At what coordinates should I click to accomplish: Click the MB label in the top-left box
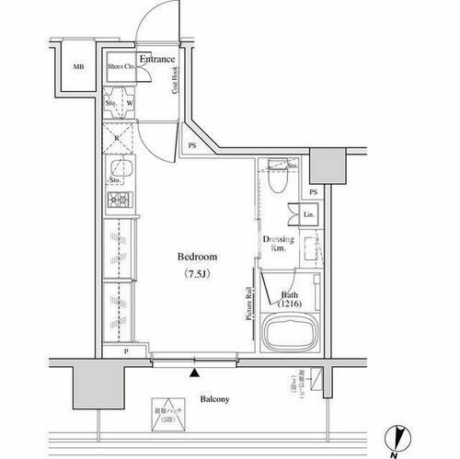tap(78, 67)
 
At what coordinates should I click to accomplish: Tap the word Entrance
tap(157, 60)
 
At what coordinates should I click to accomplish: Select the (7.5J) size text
tap(196, 274)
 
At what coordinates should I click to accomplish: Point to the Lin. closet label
tap(310, 216)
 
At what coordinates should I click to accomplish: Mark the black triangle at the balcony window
tap(194, 372)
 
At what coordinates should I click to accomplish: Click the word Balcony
tap(213, 399)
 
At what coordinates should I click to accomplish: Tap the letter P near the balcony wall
tap(125, 352)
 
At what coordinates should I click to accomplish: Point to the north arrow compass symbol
tap(394, 440)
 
